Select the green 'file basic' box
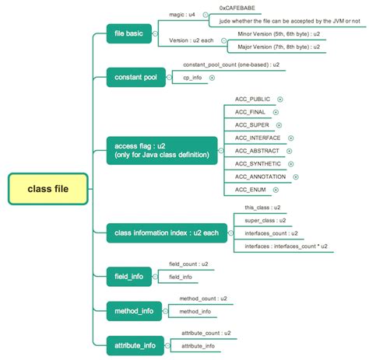pos(129,34)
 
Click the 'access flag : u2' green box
pos(161,149)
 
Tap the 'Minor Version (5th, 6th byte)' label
pos(265,35)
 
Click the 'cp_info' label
pos(193,78)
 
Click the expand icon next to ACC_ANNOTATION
pos(296,177)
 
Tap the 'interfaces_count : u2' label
pos(271,232)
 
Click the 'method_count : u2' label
pos(203,298)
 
